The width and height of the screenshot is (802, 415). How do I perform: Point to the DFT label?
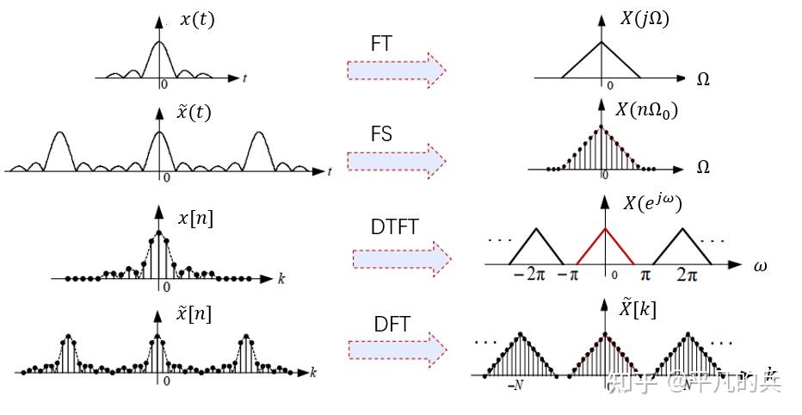click(392, 325)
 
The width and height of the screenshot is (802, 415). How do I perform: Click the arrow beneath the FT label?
click(396, 70)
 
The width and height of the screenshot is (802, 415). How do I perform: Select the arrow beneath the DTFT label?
click(402, 257)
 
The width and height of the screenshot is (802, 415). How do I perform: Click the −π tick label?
click(569, 275)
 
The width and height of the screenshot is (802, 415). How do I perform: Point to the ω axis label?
click(760, 266)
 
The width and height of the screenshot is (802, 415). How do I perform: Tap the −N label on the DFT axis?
click(515, 386)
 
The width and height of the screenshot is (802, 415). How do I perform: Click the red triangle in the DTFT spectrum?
click(606, 246)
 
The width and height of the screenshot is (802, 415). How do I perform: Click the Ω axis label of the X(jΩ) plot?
click(703, 80)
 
